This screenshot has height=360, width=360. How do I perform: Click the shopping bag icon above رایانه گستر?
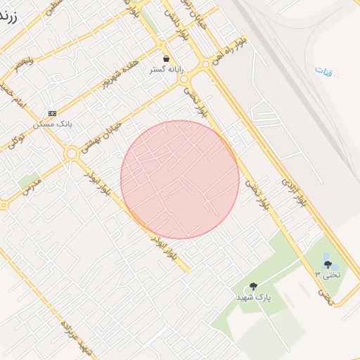click(166, 59)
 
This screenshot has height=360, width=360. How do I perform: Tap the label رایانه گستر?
click(166, 70)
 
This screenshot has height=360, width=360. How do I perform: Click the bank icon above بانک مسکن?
click(52, 112)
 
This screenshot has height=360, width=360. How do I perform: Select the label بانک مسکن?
click(53, 124)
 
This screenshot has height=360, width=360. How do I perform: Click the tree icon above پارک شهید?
click(253, 286)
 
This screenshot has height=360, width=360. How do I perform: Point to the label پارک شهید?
click(253, 297)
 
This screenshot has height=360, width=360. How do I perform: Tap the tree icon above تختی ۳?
click(328, 264)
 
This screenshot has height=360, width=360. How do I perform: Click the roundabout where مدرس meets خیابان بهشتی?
click(71, 153)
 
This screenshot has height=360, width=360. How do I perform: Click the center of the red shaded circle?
click(180, 180)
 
